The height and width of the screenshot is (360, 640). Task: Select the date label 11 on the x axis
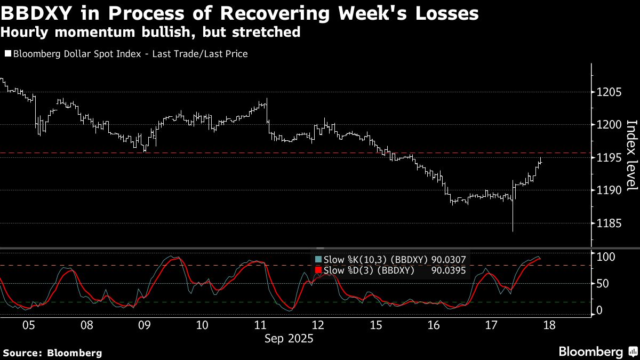pyautogui.click(x=260, y=325)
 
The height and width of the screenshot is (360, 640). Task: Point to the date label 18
pyautogui.click(x=549, y=325)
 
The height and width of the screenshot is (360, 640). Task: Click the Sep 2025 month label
pyautogui.click(x=289, y=338)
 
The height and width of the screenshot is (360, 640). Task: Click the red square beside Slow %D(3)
pyautogui.click(x=319, y=270)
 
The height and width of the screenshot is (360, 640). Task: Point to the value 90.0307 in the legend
pyautogui.click(x=449, y=260)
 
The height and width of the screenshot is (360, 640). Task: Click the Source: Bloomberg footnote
pyautogui.click(x=52, y=353)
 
